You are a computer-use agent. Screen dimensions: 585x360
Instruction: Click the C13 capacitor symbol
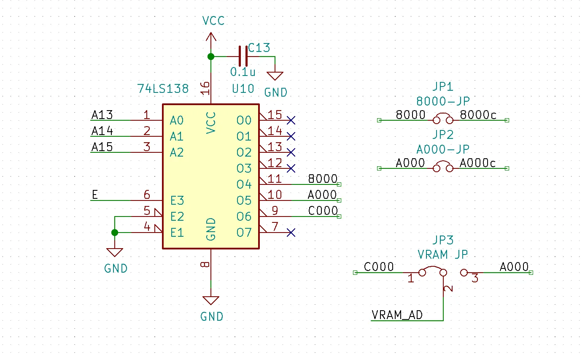tap(243, 56)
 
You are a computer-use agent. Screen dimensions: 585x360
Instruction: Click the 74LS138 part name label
tap(163, 89)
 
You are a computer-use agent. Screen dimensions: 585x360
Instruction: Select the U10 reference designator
tap(243, 89)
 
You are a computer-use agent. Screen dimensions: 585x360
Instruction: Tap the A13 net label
tap(102, 115)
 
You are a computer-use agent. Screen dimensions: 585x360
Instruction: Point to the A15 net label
tap(102, 147)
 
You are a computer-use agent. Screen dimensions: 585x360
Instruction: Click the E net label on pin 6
tap(95, 195)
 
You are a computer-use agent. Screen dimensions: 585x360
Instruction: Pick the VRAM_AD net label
tap(397, 315)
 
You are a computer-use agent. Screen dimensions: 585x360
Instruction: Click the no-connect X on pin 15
tap(291, 120)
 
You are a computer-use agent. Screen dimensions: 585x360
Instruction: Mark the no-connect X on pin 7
tap(291, 233)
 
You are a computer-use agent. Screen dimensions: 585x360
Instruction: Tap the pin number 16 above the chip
tap(205, 88)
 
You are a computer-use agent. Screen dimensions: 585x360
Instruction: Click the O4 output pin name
tap(244, 184)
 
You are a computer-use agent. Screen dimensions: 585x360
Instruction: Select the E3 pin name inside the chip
tap(177, 200)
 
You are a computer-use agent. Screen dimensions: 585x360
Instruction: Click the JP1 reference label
tap(443, 87)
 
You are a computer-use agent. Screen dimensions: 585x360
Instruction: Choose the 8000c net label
tap(478, 115)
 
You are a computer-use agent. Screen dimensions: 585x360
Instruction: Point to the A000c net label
tap(478, 163)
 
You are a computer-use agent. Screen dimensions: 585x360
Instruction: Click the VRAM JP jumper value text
tap(443, 254)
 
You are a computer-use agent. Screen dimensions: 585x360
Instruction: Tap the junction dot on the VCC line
tap(211, 57)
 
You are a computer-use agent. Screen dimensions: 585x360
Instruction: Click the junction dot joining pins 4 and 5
tap(115, 233)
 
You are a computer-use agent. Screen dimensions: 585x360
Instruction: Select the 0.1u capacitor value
tap(243, 72)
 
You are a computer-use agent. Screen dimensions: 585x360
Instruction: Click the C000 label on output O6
tap(323, 211)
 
